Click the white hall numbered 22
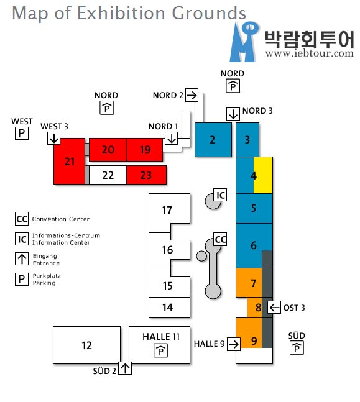[108, 175]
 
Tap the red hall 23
[146, 175]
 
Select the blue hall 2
[213, 140]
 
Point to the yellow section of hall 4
[263, 175]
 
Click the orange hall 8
[254, 308]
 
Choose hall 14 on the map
[169, 308]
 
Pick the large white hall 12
[86, 345]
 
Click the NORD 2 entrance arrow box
[192, 95]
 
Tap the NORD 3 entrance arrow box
[233, 114]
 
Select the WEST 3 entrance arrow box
[53, 138]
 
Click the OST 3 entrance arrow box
[274, 307]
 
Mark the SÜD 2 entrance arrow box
[125, 368]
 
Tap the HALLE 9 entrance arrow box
[234, 344]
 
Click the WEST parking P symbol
[22, 134]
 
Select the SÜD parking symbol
[297, 348]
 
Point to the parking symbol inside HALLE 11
[160, 350]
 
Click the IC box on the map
[220, 195]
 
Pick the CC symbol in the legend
[22, 219]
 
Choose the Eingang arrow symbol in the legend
[22, 258]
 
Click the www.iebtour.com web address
[310, 53]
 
